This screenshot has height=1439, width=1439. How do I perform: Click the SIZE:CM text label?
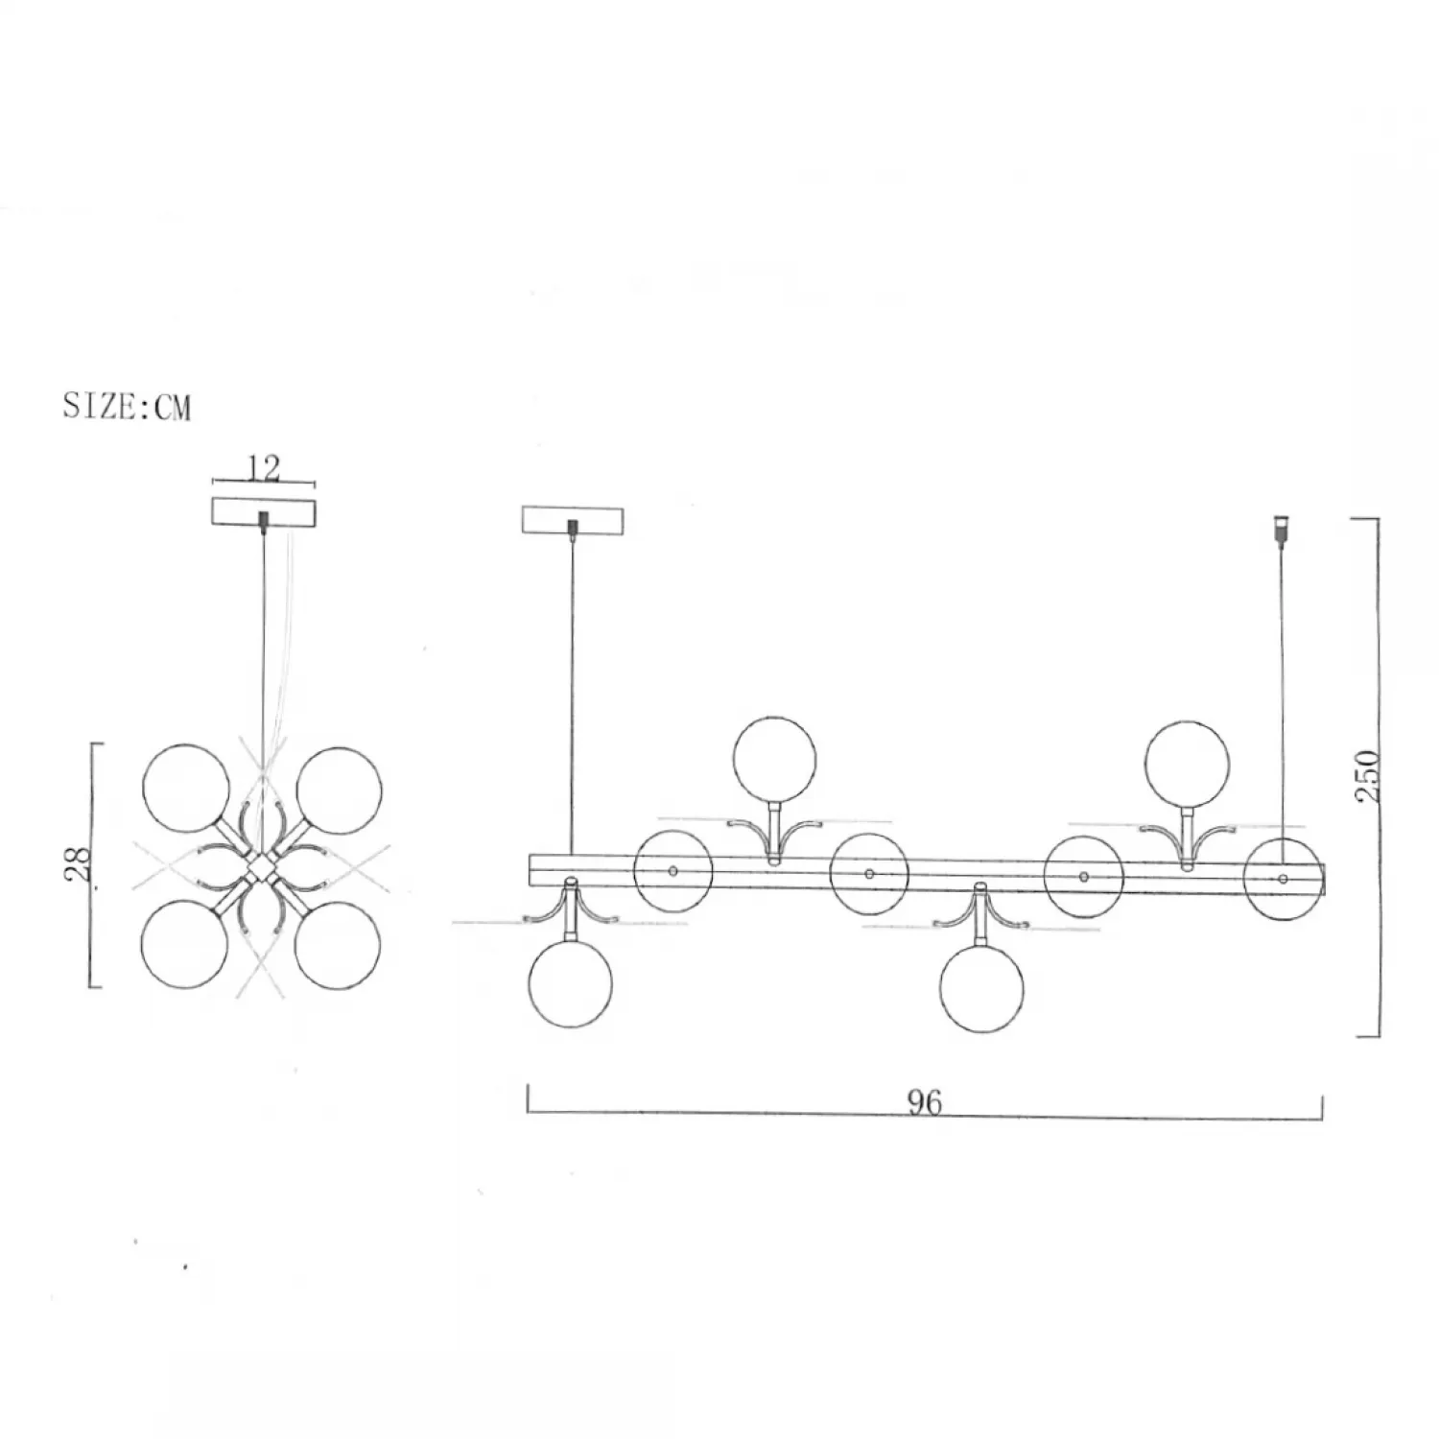128,407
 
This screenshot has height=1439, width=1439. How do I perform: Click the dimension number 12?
264,468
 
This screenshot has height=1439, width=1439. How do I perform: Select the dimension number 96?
925,1103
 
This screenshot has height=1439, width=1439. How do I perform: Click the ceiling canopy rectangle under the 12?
263,510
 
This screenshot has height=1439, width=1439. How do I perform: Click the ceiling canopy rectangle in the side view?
573,520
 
